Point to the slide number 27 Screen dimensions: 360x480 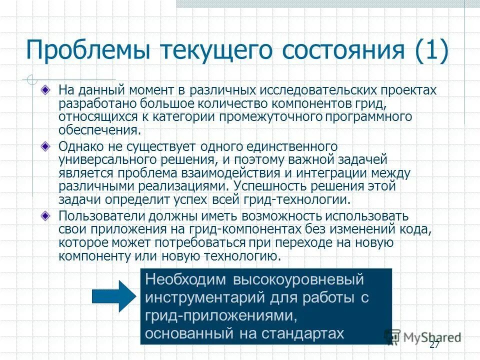click(x=434, y=345)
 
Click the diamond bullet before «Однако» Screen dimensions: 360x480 click(x=45, y=147)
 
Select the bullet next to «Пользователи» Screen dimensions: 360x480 click(x=45, y=216)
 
